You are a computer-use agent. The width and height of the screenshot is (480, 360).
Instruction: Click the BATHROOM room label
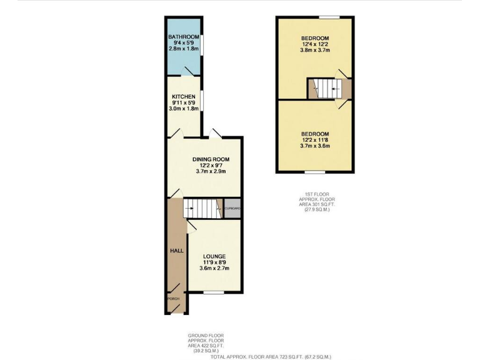click(183, 37)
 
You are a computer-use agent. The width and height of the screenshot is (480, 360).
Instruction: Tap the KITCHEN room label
click(183, 97)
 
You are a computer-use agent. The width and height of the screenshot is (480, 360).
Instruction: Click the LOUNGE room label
click(214, 256)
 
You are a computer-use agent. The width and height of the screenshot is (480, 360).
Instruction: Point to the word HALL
click(177, 251)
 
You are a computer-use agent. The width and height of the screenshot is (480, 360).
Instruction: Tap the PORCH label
click(173, 299)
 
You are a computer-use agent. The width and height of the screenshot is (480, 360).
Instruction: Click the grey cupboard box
click(232, 209)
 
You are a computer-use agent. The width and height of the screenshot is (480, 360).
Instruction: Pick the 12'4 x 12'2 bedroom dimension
click(316, 44)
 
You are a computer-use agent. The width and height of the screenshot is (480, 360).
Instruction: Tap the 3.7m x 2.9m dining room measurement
click(210, 171)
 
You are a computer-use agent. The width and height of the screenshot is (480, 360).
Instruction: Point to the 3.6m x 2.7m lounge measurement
click(214, 268)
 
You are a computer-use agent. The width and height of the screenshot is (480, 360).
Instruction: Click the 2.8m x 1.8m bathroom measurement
click(183, 49)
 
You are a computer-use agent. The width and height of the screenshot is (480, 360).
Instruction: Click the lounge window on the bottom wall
click(214, 292)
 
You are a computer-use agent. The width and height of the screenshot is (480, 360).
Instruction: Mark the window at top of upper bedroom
click(329, 17)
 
